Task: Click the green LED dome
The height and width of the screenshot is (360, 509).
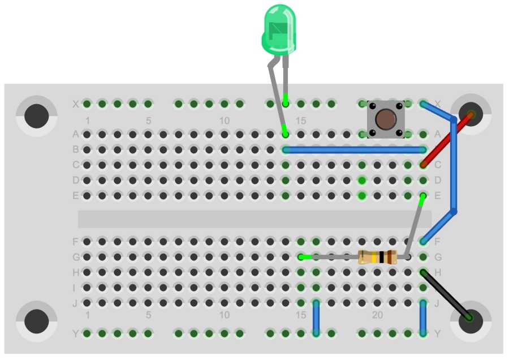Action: pyautogui.click(x=278, y=28)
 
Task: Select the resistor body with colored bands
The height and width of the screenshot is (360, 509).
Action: pyautogui.click(x=378, y=257)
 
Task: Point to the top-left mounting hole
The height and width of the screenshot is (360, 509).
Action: pyautogui.click(x=37, y=115)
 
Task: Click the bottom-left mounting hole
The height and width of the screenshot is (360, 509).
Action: pyautogui.click(x=37, y=322)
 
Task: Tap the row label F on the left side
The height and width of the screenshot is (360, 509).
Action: pyautogui.click(x=75, y=242)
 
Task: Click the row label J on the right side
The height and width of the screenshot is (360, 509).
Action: pyautogui.click(x=437, y=303)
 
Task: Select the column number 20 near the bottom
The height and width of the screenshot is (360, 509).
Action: pyautogui.click(x=378, y=315)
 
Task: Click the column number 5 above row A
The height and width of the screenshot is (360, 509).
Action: pyautogui.click(x=148, y=121)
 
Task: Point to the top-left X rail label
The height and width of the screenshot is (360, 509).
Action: pyautogui.click(x=75, y=104)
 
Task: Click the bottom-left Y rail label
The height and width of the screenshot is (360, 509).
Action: pyautogui.click(x=75, y=333)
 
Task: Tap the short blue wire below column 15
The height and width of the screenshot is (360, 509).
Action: pyautogui.click(x=316, y=318)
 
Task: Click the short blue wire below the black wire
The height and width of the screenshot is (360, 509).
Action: pyautogui.click(x=423, y=318)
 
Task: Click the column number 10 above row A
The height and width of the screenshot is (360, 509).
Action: pyautogui.click(x=225, y=121)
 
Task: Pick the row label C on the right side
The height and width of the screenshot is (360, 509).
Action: pyautogui.click(x=437, y=165)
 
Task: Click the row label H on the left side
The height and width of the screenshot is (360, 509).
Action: pyautogui.click(x=75, y=272)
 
